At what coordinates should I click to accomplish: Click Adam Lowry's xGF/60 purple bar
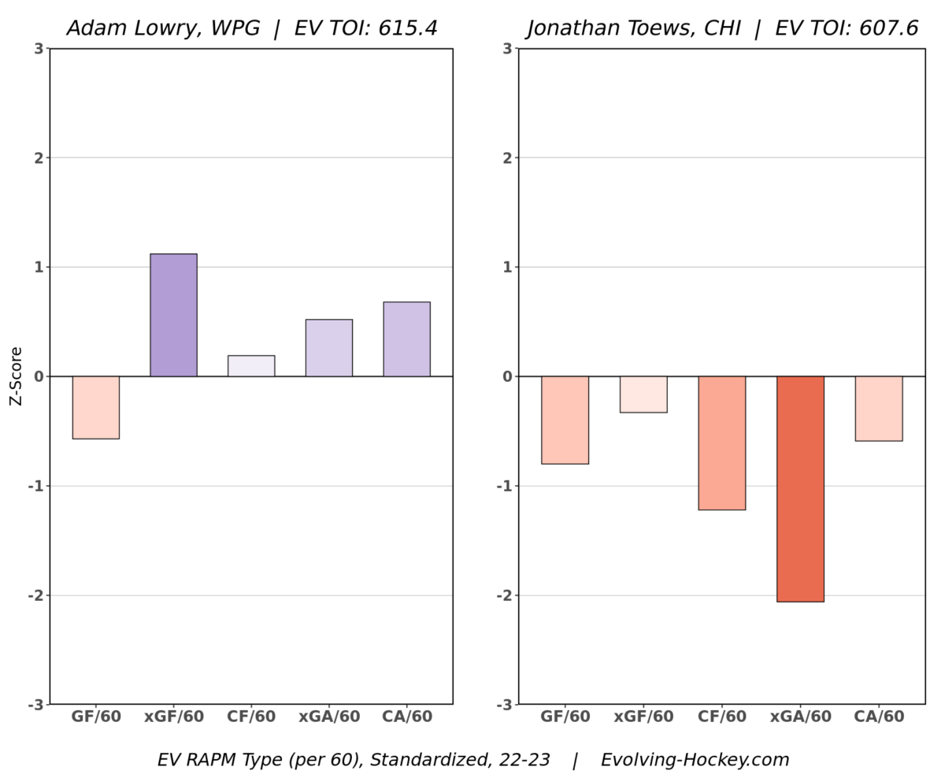(173, 315)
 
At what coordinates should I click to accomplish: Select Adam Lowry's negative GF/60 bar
(96, 407)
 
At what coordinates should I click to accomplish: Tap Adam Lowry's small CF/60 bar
(251, 366)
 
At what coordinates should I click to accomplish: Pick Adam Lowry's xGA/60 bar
(329, 348)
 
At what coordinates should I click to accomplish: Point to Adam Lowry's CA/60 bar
(406, 339)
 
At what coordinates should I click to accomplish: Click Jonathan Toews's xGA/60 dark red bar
(800, 488)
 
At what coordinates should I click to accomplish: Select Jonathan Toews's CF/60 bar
(721, 443)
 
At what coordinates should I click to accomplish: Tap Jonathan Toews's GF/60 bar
(565, 420)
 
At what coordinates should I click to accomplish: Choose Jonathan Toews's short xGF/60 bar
(643, 395)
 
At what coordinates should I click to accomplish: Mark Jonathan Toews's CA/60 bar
(878, 409)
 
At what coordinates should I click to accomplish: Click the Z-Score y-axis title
(17, 376)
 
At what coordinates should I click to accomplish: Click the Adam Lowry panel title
(251, 28)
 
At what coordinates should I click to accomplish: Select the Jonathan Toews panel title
(722, 28)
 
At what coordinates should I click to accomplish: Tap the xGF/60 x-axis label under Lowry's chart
(173, 717)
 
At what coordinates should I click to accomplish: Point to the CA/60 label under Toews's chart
(879, 717)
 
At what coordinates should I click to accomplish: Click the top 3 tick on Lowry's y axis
(38, 49)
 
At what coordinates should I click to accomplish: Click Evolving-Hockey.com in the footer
(695, 760)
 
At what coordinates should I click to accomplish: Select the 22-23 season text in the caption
(524, 760)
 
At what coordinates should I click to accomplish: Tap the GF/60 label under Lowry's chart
(96, 717)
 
